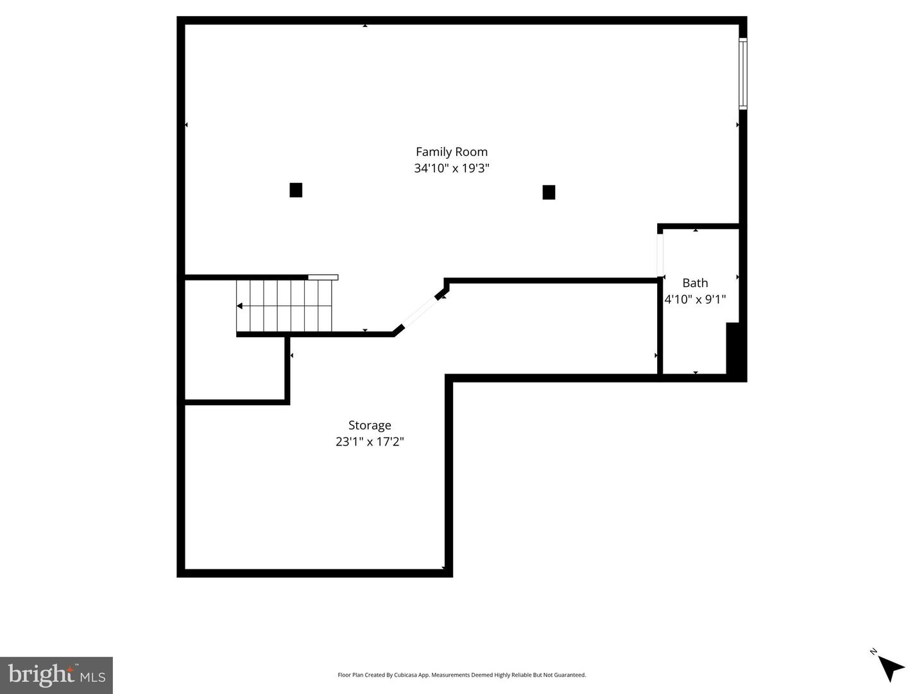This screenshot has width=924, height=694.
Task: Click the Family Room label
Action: click(x=451, y=152)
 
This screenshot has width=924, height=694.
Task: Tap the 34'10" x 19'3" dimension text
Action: click(x=451, y=168)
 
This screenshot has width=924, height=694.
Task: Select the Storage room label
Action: click(x=370, y=426)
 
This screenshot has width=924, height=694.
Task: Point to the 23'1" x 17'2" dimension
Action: click(x=370, y=442)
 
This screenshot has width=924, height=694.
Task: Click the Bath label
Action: click(x=695, y=282)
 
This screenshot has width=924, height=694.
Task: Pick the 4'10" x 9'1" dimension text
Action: click(x=695, y=299)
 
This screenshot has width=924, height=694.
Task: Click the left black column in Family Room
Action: click(x=296, y=190)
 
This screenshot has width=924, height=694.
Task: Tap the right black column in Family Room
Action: click(x=549, y=193)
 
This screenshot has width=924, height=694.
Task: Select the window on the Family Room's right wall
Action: click(x=743, y=74)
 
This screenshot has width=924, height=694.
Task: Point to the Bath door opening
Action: click(x=660, y=256)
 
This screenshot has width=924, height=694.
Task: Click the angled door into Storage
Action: click(x=420, y=312)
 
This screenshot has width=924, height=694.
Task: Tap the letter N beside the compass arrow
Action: click(x=873, y=652)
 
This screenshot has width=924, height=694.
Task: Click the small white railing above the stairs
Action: click(x=323, y=277)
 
